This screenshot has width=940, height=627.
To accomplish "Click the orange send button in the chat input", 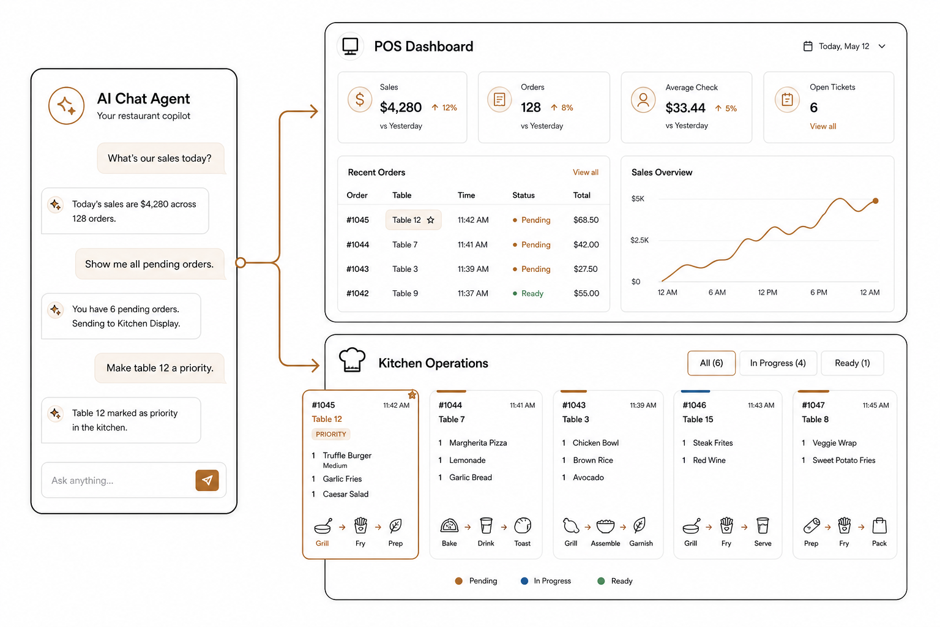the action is point(207,480).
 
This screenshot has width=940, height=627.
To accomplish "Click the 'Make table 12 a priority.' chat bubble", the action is point(160,368).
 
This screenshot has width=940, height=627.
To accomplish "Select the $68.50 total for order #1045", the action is point(586,220).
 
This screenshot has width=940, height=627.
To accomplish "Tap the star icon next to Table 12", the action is point(431,220).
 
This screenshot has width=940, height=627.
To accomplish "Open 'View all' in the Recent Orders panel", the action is point(586,172).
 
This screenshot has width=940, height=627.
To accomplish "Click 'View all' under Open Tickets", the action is point(822,126).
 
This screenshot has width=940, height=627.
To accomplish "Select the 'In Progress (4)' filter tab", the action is point(778,363).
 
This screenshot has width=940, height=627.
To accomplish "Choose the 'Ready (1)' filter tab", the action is point(852,363).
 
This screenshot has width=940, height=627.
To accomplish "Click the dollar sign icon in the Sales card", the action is point(360,100).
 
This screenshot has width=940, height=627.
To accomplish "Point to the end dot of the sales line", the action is point(875,201).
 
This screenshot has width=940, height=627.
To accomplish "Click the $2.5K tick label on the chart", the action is point(640,240).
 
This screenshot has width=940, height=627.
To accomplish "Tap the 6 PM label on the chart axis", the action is point(819,292).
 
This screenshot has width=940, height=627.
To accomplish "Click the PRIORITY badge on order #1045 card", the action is point(331,434).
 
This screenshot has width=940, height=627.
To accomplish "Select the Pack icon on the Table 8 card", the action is point(879,525).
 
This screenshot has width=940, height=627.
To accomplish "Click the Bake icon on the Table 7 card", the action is point(449,525).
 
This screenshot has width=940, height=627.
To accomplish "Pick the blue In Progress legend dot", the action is point(524,581).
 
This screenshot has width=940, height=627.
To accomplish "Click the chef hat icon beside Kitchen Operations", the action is point(352,360).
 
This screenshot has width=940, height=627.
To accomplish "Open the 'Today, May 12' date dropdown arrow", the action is point(882,46).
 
